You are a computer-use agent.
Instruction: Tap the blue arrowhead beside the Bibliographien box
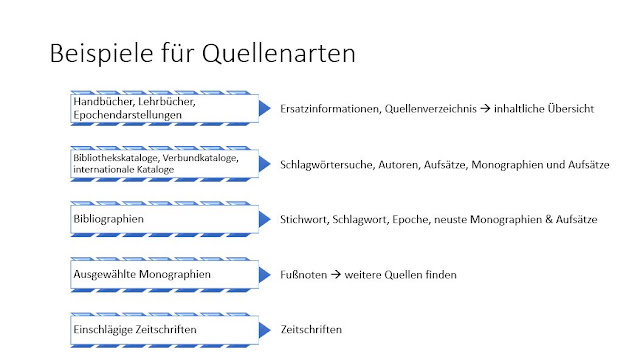263,217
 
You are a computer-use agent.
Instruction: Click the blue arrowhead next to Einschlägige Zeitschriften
263,328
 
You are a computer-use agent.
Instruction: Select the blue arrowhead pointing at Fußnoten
263,272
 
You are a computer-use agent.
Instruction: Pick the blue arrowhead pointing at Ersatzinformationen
263,107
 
